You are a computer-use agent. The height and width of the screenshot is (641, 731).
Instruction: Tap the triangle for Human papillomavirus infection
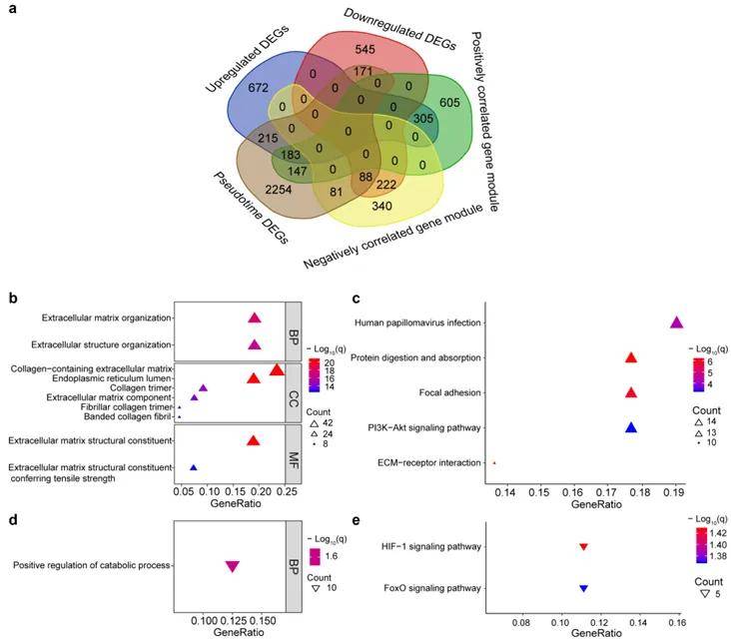676,322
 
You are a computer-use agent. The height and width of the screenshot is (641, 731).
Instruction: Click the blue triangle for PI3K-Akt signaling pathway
630,427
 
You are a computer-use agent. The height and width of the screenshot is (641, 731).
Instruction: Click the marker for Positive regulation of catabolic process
232,567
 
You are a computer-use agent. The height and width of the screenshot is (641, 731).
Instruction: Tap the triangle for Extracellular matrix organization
254,319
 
